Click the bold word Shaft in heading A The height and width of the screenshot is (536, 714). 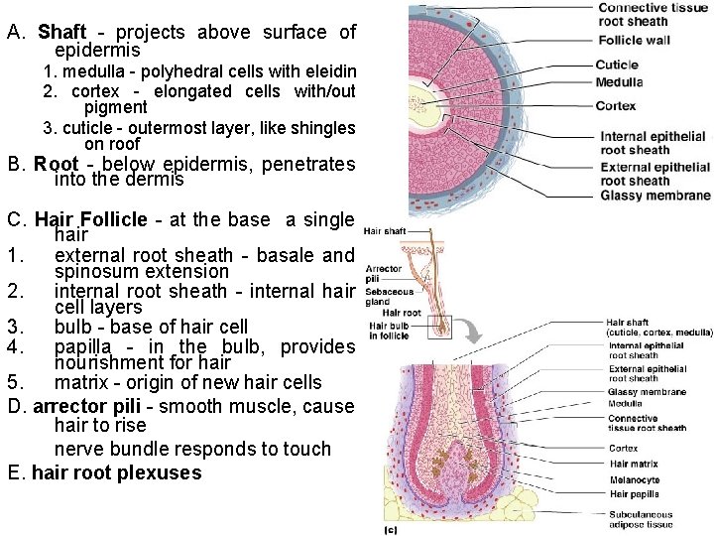61,32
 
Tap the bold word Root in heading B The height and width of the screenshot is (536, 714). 55,164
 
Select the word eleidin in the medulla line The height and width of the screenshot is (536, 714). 327,71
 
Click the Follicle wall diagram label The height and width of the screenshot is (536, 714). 634,41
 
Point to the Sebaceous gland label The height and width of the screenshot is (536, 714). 382,298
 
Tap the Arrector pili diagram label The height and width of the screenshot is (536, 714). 383,274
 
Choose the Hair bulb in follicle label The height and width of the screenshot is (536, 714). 388,330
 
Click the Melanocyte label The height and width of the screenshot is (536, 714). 635,478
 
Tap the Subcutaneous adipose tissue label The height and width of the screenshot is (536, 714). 641,519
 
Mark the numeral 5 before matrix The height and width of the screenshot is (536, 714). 14,382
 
